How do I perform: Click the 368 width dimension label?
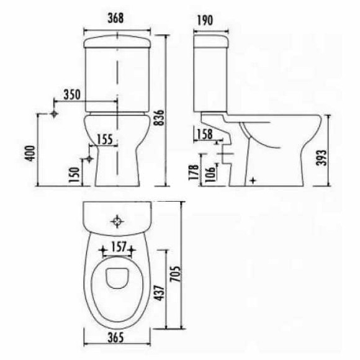point(115,18)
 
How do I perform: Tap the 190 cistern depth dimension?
point(205,20)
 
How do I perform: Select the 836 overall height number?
point(159,117)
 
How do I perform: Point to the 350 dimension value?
point(72,94)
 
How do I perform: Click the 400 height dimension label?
point(30,153)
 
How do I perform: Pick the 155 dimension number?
point(105,139)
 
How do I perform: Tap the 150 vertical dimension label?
point(74,174)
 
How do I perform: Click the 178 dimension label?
point(194,172)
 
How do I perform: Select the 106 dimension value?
point(210,174)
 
